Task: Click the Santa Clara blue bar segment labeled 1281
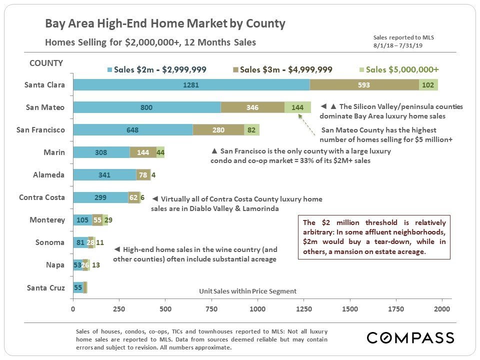coord(191,85)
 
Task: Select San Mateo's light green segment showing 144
coord(297,107)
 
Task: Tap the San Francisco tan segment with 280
coord(218,130)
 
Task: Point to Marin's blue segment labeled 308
coord(101,152)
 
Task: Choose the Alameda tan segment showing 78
coord(143,175)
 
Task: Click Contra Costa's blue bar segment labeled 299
coord(100,197)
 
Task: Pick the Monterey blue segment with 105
coord(82,220)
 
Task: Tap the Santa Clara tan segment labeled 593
coord(364,85)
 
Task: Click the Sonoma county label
coord(50,242)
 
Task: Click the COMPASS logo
coord(410,338)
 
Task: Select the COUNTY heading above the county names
coord(46,63)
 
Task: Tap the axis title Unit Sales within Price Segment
coord(247,291)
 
